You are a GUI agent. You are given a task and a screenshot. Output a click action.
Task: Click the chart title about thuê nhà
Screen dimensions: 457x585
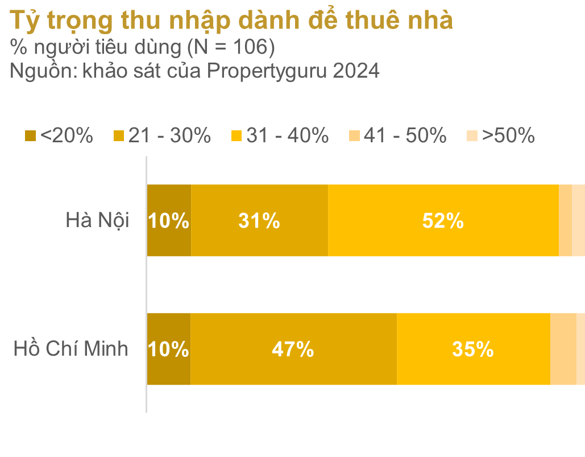coord(231,21)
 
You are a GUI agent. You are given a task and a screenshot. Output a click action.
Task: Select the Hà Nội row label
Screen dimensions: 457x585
coord(97,220)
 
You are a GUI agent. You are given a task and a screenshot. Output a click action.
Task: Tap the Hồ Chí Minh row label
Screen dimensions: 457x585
coord(71,348)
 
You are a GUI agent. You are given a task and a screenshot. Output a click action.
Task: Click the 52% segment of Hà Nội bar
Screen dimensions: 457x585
coord(443,220)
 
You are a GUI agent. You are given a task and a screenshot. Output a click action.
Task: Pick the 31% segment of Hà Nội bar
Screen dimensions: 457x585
coord(259,220)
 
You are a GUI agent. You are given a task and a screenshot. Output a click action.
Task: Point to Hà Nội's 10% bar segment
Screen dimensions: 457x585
coord(169,220)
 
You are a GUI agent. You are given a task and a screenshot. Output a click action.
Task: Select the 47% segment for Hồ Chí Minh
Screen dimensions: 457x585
coord(293,349)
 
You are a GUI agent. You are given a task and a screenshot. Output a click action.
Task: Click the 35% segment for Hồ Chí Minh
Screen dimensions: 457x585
coord(473,349)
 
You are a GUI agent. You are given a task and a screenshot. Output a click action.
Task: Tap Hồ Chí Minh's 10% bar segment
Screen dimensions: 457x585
coord(168,349)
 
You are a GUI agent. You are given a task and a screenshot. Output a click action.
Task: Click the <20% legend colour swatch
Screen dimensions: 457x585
coord(31,136)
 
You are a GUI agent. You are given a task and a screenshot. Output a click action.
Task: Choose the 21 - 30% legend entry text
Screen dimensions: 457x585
coord(169,135)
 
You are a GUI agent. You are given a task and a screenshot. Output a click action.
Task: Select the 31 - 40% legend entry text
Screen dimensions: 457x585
coord(287,135)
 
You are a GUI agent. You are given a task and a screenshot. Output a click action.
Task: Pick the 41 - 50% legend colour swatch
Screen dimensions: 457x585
coord(354,136)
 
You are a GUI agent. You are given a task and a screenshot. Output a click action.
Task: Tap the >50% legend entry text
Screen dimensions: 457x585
coord(508,135)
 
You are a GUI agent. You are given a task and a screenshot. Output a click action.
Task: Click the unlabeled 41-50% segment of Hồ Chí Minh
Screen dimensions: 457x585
coord(563,349)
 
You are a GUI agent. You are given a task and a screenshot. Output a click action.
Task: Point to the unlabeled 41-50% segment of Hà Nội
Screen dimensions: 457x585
coord(565,220)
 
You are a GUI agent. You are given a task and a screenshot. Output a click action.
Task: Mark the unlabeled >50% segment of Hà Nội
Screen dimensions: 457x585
coord(578,220)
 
